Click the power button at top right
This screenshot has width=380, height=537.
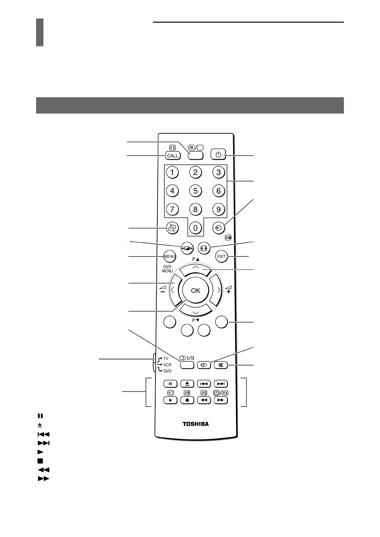tap(218, 155)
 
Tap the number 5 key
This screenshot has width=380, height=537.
tap(195, 191)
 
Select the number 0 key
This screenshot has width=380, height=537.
tap(195, 228)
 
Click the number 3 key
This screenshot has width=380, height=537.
tap(218, 173)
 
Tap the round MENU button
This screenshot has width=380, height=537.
tap(169, 256)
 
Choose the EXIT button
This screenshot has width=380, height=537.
tap(221, 256)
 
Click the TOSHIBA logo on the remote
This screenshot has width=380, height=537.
tap(195, 424)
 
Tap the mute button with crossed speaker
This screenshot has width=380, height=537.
tap(221, 365)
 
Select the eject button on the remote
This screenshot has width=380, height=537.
tap(187, 384)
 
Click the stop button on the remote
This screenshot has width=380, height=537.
tap(187, 400)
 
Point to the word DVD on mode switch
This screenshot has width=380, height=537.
tap(167, 371)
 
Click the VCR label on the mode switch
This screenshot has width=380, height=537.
tap(167, 365)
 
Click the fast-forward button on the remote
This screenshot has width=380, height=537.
tap(221, 400)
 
